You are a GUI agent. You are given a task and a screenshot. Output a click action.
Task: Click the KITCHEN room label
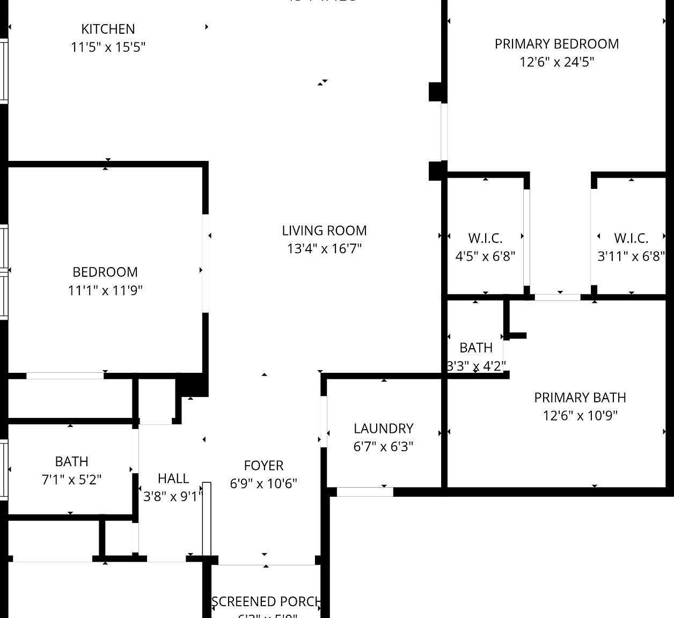[108, 29]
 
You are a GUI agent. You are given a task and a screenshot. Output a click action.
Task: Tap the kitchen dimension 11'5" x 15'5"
[108, 47]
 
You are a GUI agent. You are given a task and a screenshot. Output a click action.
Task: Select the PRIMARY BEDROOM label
[556, 44]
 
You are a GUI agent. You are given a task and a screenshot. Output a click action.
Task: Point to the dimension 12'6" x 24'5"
[556, 62]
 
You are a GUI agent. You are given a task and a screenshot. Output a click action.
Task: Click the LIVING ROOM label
[324, 231]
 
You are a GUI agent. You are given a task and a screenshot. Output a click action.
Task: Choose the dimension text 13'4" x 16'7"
[324, 249]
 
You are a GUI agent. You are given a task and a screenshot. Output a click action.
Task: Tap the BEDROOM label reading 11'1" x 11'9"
[105, 272]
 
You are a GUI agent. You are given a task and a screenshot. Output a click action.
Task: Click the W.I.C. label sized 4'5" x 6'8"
[485, 238]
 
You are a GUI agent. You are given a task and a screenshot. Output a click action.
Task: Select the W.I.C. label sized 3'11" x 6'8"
[631, 238]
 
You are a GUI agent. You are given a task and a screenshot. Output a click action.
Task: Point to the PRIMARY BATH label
[580, 398]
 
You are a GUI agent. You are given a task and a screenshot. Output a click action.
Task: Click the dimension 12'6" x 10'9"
[580, 416]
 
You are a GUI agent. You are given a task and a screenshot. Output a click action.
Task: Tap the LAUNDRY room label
[383, 429]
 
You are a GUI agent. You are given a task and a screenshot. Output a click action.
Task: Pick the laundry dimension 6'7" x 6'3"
[383, 447]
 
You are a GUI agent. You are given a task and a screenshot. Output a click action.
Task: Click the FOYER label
[263, 466]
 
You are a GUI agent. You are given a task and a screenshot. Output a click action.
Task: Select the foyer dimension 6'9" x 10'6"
[263, 484]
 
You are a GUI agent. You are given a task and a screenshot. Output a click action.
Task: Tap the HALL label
[173, 479]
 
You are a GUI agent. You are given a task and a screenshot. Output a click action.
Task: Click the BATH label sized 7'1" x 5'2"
[71, 461]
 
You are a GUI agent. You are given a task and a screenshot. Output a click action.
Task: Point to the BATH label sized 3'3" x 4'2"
[476, 348]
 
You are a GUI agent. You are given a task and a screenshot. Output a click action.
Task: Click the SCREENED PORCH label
[266, 602]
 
